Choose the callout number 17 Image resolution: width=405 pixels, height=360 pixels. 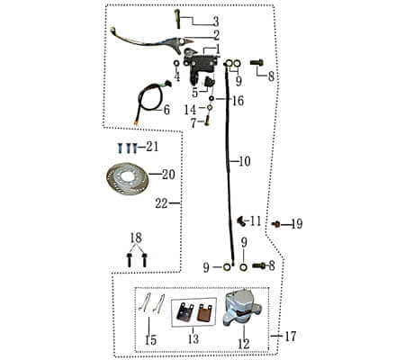point(290,337)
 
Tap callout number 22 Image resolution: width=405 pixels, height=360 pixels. point(161,203)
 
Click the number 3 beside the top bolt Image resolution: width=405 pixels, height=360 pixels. point(214,21)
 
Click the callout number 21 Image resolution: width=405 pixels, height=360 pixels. point(152,146)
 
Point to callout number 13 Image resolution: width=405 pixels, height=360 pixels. point(191,340)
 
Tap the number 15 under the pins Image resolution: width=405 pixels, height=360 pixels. point(149,340)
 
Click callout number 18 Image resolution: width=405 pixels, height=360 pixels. point(136,237)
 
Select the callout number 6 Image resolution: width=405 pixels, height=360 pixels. point(165,110)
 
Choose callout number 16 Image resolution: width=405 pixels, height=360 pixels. point(238,101)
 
